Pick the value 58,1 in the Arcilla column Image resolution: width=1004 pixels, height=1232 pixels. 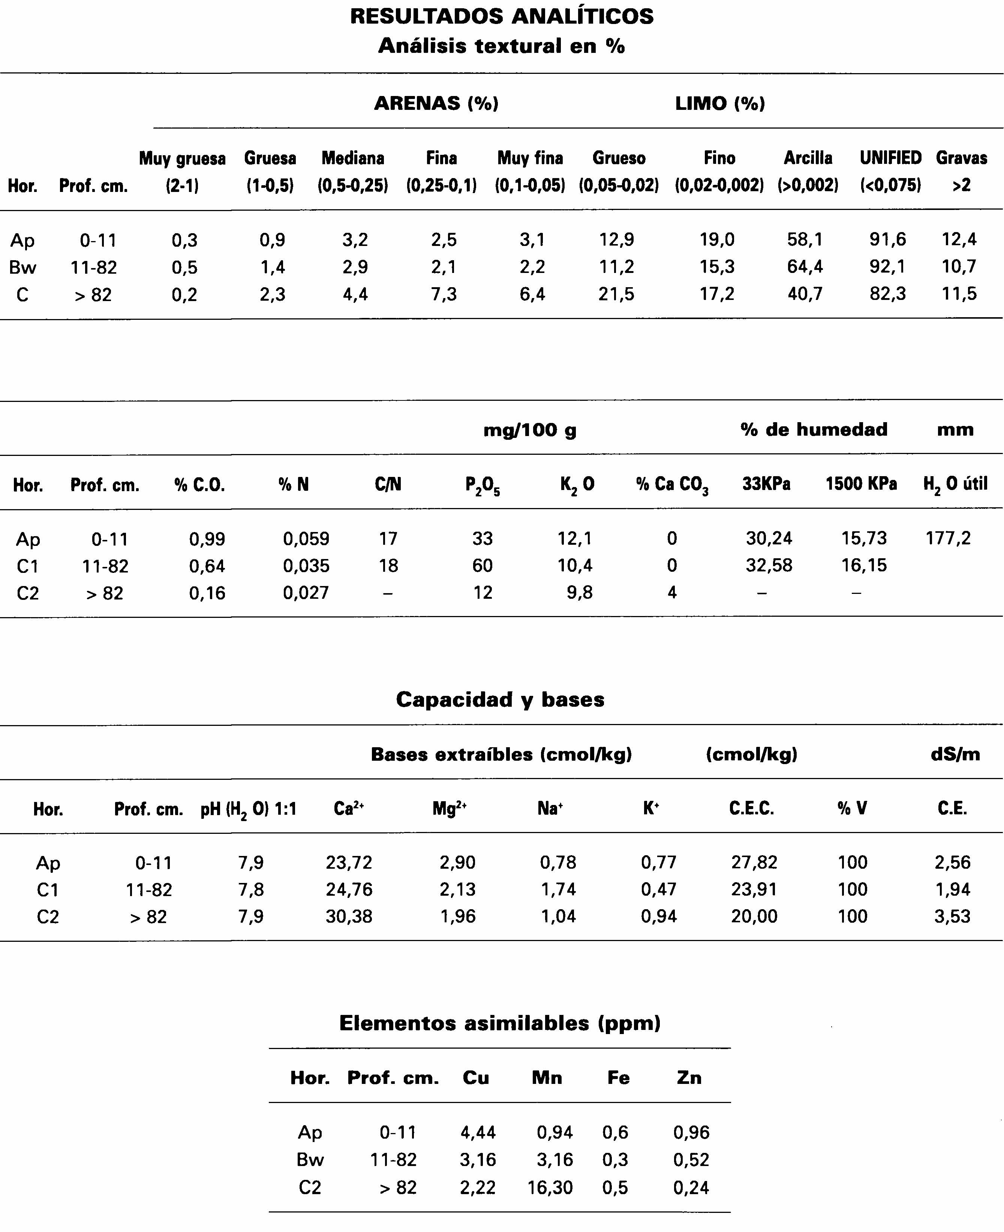pyautogui.click(x=805, y=239)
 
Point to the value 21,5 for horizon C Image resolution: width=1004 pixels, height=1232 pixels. pyautogui.click(x=616, y=294)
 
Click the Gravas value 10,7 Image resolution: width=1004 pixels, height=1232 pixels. pyautogui.click(x=959, y=267)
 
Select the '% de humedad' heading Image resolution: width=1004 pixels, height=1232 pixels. pyautogui.click(x=814, y=429)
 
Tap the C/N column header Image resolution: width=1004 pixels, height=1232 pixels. pyautogui.click(x=388, y=484)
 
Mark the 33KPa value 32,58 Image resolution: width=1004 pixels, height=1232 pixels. pyautogui.click(x=769, y=565)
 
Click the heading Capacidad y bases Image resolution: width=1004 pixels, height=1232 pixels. pyautogui.click(x=500, y=699)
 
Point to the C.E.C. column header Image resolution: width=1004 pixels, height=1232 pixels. pyautogui.click(x=751, y=808)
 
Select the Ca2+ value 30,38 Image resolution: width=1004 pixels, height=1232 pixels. pyautogui.click(x=349, y=916)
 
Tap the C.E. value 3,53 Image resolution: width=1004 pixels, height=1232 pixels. pyautogui.click(x=952, y=916)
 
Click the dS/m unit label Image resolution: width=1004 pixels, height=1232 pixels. pyautogui.click(x=955, y=754)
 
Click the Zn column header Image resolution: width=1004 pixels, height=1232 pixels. pyautogui.click(x=689, y=1078)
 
